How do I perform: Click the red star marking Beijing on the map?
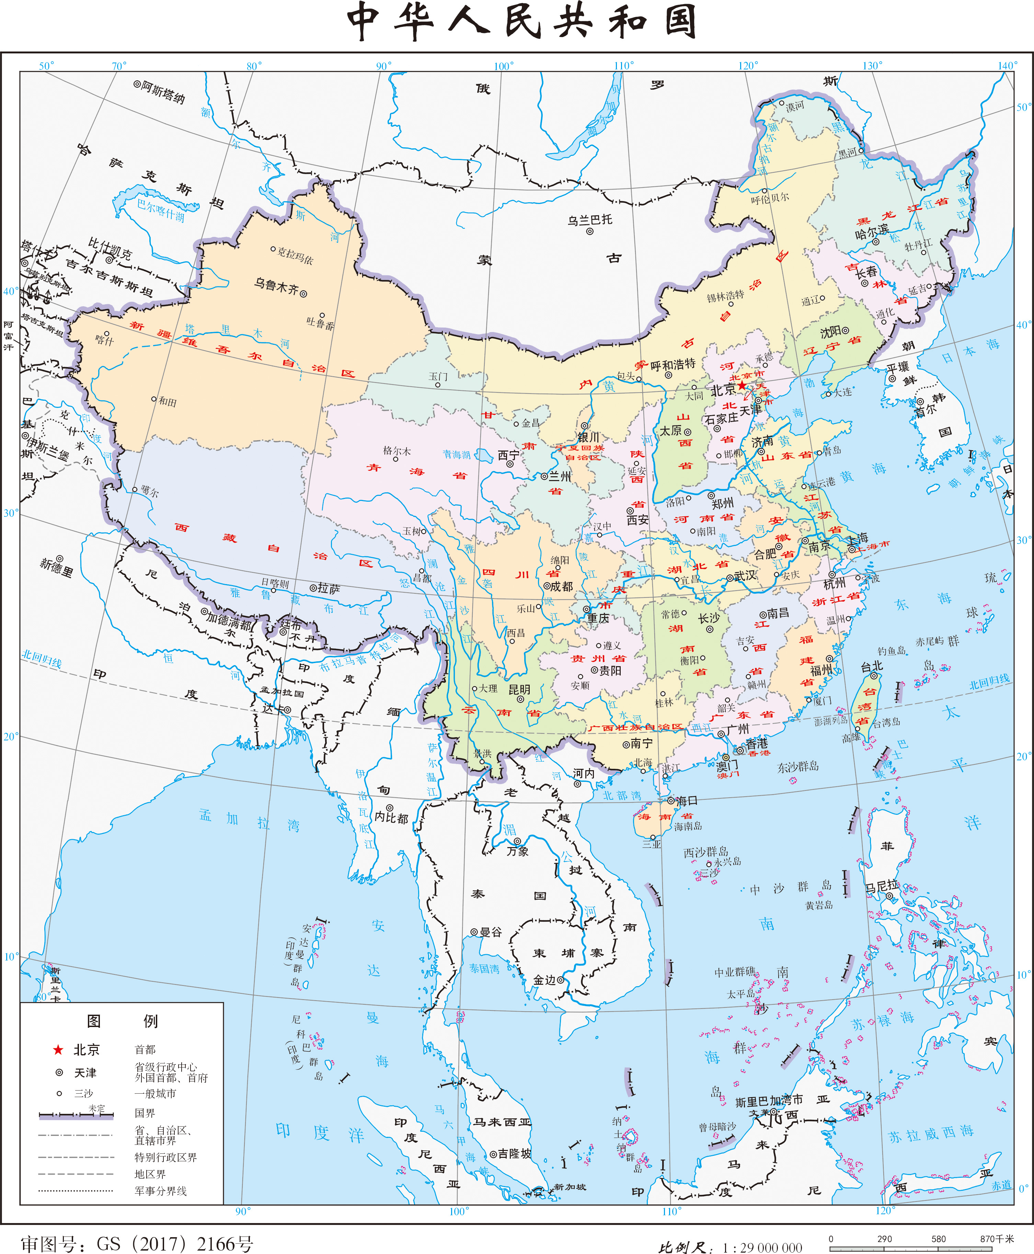click(x=742, y=385)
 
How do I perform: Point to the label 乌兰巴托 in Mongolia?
click(x=590, y=220)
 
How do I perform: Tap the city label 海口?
click(x=686, y=801)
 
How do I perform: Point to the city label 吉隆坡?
click(x=514, y=1154)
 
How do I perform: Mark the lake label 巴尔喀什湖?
click(x=161, y=210)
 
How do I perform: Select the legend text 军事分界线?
click(x=161, y=1191)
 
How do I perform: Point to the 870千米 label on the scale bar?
click(x=997, y=1239)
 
